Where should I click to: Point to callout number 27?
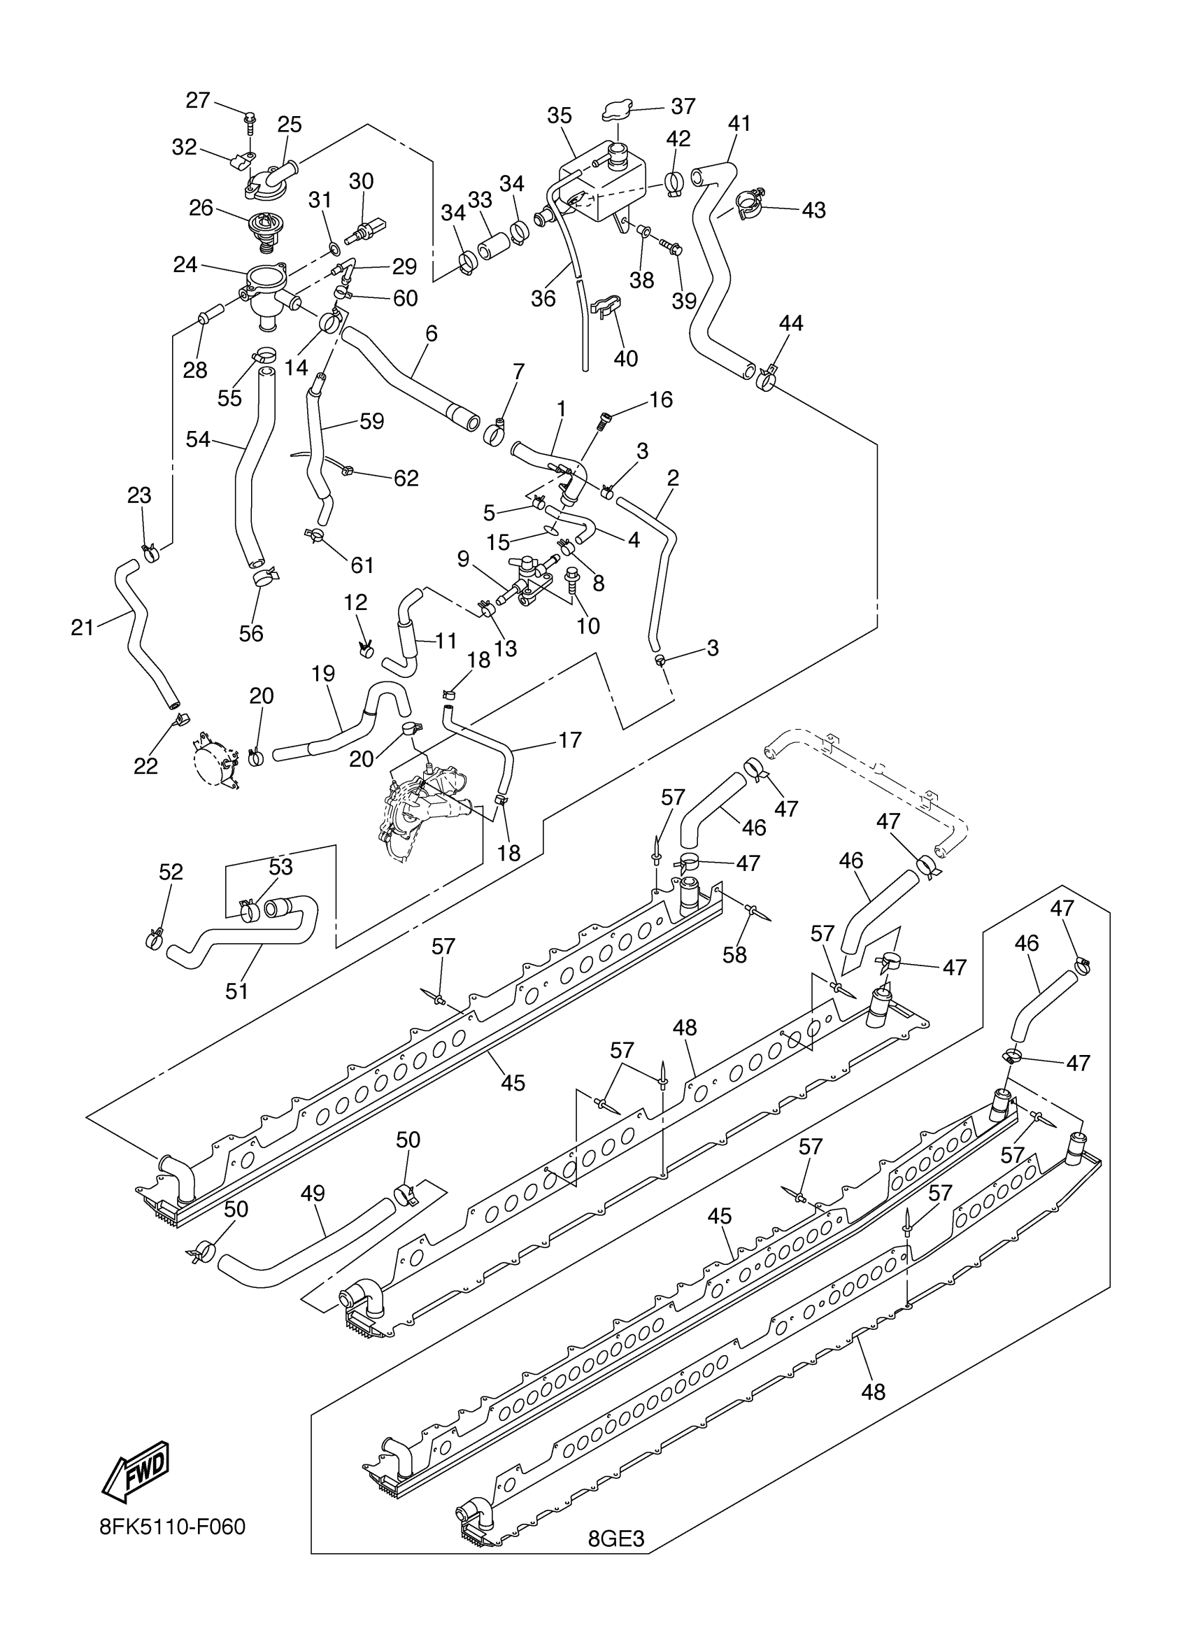[197, 100]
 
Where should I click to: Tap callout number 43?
[813, 210]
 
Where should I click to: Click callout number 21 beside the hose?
[82, 627]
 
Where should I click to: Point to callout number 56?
[251, 632]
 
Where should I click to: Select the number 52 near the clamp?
[171, 872]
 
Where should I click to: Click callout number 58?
[734, 954]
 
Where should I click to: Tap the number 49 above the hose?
[313, 1193]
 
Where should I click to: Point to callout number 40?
[625, 358]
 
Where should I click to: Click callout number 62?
[406, 478]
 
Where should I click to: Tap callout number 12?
[355, 602]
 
